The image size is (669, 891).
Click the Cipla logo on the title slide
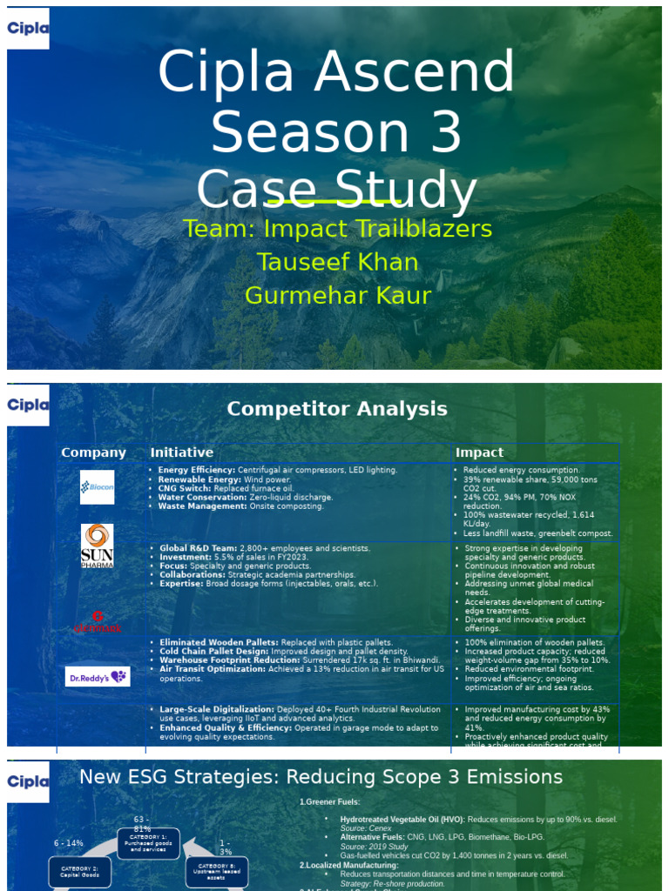tap(28, 28)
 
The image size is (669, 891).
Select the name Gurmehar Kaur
tap(338, 296)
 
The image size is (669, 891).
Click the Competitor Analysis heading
tap(337, 409)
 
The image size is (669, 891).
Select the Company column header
tap(93, 452)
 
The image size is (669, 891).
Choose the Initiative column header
tap(181, 452)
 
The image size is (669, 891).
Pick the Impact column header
tap(479, 452)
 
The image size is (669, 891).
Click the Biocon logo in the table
tap(97, 487)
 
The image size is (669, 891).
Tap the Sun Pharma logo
tap(97, 546)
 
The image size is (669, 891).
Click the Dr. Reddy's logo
tap(98, 676)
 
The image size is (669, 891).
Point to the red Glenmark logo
tap(97, 621)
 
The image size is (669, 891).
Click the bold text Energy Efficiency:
tap(196, 470)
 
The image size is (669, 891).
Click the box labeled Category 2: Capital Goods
tap(79, 871)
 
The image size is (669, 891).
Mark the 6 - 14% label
tap(69, 843)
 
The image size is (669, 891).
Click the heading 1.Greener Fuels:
tap(329, 801)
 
